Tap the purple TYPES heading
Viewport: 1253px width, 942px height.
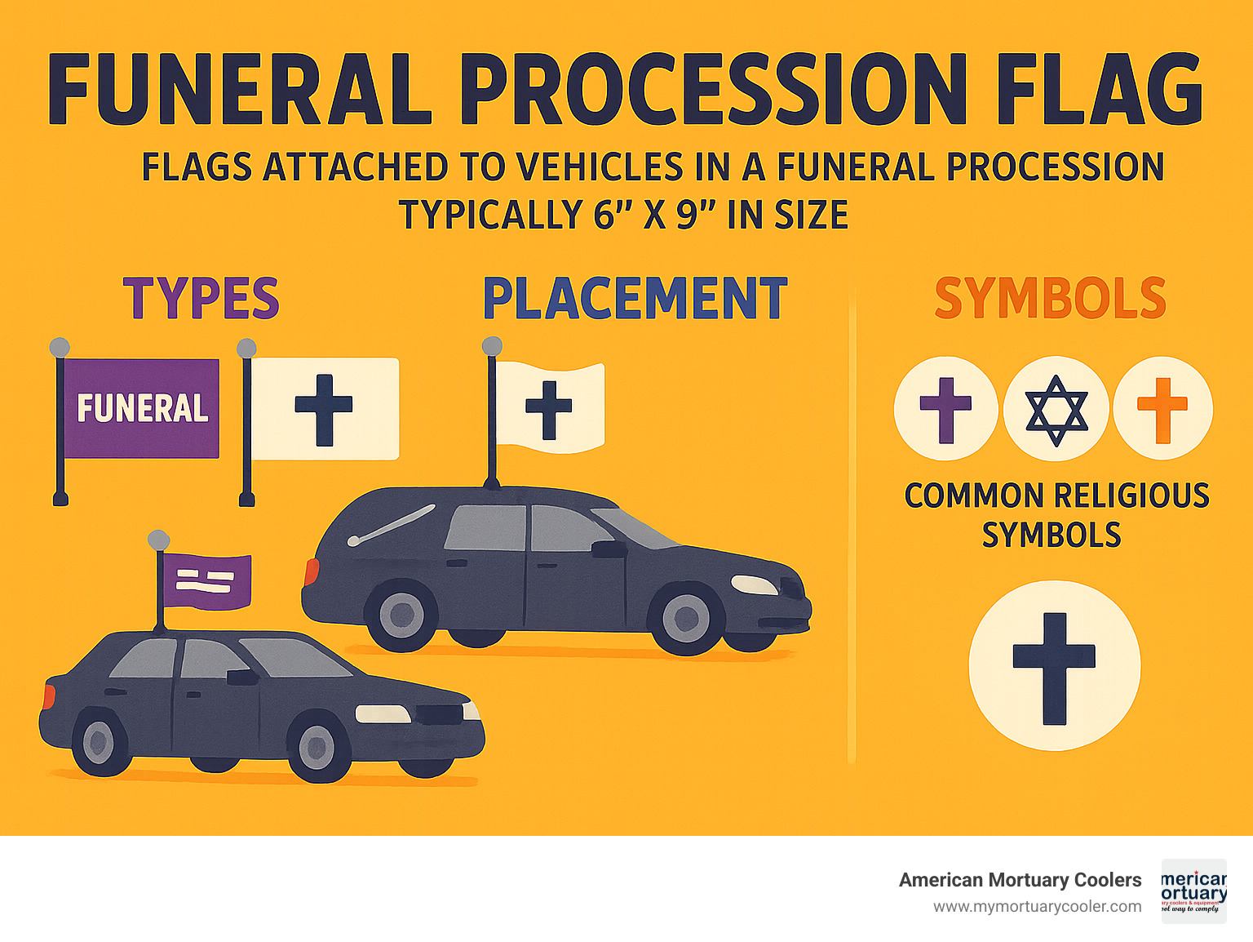(x=201, y=299)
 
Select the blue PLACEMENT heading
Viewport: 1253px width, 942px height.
(x=635, y=299)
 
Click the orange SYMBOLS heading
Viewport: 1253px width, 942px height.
(x=1051, y=299)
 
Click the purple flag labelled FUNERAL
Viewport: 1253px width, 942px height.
(x=142, y=408)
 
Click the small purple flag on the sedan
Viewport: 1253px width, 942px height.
(x=206, y=581)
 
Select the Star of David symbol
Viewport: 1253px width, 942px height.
(x=1056, y=410)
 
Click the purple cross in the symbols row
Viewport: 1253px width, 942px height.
(x=946, y=410)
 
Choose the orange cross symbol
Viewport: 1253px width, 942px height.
(x=1162, y=410)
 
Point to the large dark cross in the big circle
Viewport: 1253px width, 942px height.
(x=1054, y=666)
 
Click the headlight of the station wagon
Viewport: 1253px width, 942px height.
(x=754, y=584)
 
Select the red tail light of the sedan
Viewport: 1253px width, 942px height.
(x=49, y=696)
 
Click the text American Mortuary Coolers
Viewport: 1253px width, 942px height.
(x=1020, y=880)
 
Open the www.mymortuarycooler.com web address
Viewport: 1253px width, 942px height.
(x=1037, y=907)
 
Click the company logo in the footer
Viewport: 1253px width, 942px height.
(x=1193, y=891)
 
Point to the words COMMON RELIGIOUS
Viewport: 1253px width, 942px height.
(x=1056, y=496)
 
